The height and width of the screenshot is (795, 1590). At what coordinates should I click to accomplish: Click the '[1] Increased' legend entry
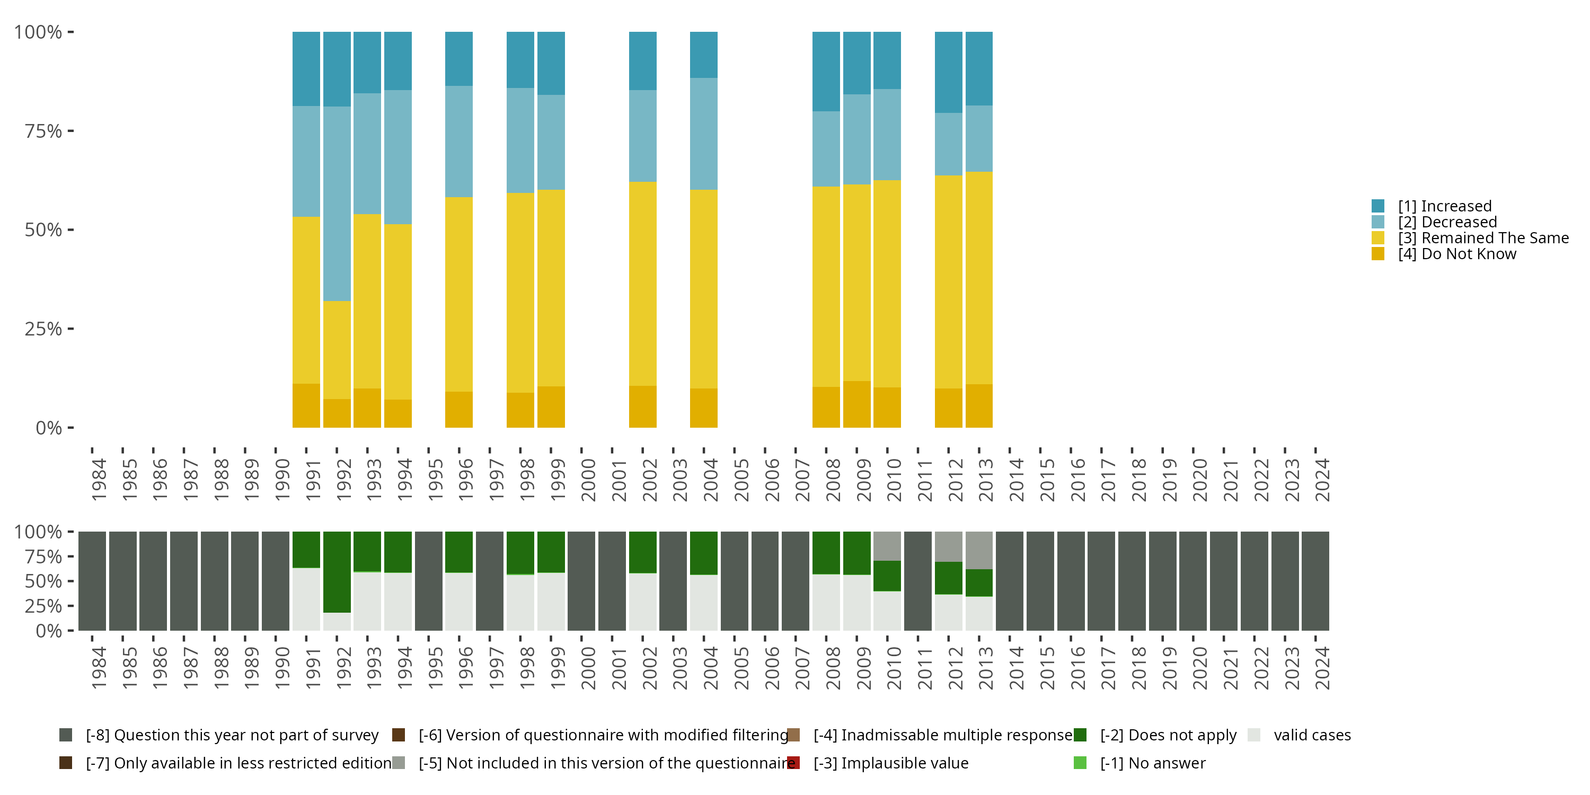point(1432,206)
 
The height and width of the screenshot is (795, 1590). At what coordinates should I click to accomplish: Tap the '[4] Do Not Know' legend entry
point(1444,254)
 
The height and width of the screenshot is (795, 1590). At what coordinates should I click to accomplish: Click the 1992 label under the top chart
point(344,480)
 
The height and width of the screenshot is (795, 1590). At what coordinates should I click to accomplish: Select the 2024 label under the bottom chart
point(1322,668)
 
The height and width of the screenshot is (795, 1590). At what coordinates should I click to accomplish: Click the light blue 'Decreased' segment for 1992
point(337,204)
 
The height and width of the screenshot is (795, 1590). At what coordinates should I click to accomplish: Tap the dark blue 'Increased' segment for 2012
point(949,72)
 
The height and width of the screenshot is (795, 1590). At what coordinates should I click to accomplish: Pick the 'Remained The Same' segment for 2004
point(704,289)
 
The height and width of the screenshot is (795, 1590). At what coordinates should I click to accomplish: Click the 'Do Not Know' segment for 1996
point(459,410)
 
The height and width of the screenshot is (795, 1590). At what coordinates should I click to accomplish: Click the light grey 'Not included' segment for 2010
point(887,546)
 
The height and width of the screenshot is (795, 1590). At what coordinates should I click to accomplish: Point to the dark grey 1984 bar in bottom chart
point(92,581)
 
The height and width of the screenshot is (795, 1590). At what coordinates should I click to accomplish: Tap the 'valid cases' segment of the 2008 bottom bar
point(826,603)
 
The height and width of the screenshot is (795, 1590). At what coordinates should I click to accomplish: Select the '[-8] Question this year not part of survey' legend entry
point(219,735)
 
